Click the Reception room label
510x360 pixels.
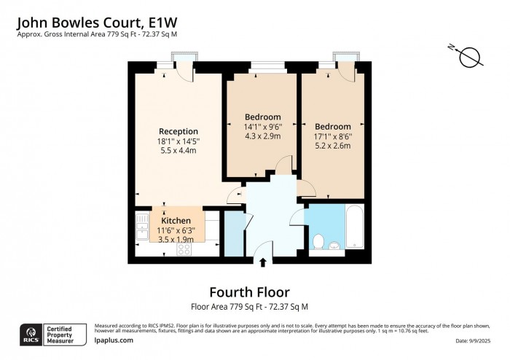(178, 131)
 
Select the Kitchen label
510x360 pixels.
(176, 221)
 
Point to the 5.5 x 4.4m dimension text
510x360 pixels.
(178, 151)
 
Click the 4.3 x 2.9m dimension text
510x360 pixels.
(262, 136)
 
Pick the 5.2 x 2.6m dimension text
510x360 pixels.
(333, 146)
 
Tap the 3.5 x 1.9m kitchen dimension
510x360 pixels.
(176, 239)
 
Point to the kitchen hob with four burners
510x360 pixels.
(184, 249)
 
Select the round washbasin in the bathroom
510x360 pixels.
(334, 245)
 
